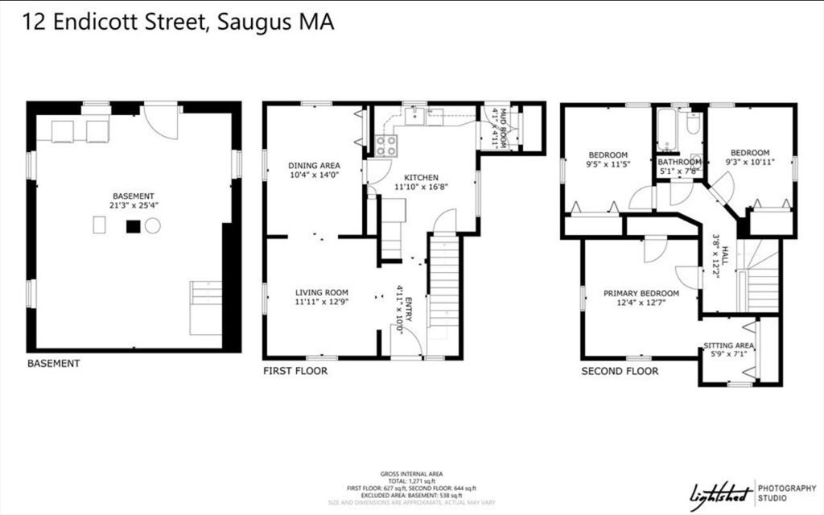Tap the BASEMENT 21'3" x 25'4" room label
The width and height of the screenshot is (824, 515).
(134, 200)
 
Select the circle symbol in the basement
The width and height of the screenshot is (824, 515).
(153, 226)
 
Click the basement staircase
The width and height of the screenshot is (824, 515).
(205, 307)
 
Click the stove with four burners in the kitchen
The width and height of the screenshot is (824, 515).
(386, 146)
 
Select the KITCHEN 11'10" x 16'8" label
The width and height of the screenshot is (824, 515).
(421, 182)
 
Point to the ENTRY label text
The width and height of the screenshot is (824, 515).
(408, 310)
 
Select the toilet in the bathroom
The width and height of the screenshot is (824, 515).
(693, 125)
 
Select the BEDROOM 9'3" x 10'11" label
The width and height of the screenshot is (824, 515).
(749, 158)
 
